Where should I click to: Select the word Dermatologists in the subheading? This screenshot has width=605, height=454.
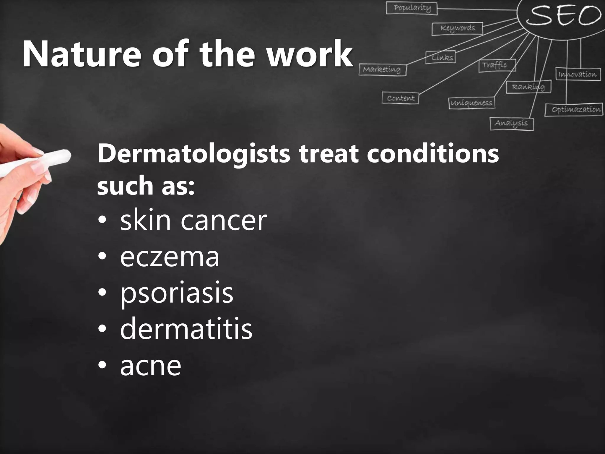(194, 154)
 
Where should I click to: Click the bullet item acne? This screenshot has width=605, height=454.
(150, 366)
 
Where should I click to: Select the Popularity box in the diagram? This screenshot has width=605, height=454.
(412, 8)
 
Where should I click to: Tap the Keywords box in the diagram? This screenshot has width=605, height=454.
(457, 29)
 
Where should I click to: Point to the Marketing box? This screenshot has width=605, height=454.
(382, 70)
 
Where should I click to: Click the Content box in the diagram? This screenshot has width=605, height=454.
(401, 98)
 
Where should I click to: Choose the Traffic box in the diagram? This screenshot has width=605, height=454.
(497, 65)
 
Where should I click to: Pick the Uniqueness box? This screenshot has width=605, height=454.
(472, 103)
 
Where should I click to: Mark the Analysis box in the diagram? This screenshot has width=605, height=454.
(512, 124)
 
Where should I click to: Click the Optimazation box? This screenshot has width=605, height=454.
(574, 110)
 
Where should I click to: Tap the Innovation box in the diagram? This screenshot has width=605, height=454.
(578, 74)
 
